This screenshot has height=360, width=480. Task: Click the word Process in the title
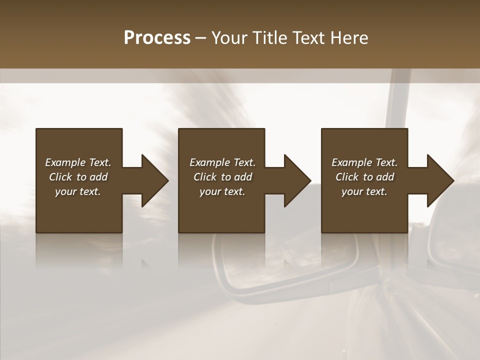pyautogui.click(x=157, y=37)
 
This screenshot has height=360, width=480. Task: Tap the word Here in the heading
pyautogui.click(x=349, y=37)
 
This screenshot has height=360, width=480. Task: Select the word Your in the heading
pyautogui.click(x=230, y=37)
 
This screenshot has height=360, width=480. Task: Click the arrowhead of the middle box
pyautogui.click(x=296, y=181)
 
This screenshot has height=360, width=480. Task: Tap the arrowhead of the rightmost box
pyautogui.click(x=439, y=181)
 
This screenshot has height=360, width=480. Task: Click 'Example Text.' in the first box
pyautogui.click(x=78, y=162)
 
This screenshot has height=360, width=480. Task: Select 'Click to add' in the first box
pyautogui.click(x=78, y=177)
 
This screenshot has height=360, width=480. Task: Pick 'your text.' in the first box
pyautogui.click(x=78, y=191)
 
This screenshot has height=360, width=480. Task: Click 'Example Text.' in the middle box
pyautogui.click(x=222, y=162)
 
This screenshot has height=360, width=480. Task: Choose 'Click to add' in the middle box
pyautogui.click(x=222, y=177)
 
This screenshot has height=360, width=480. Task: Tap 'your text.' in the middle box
pyautogui.click(x=222, y=191)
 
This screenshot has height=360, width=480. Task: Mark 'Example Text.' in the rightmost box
pyautogui.click(x=364, y=162)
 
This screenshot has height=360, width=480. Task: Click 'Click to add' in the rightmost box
pyautogui.click(x=364, y=177)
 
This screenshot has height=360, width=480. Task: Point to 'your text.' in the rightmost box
pyautogui.click(x=364, y=191)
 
